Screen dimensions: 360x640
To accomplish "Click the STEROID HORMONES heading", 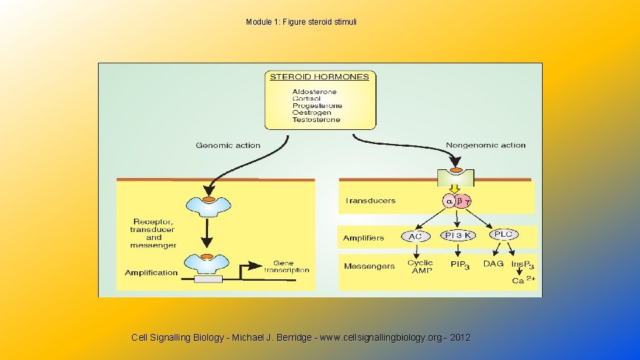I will click(319, 77).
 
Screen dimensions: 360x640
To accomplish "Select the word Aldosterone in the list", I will click(315, 91).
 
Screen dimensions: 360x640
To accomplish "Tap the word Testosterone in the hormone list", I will click(316, 120).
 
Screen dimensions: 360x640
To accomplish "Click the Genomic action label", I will click(228, 145).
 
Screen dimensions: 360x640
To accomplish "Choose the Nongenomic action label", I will click(485, 145).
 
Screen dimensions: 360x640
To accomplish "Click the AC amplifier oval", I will click(415, 237).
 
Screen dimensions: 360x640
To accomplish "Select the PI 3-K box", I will click(458, 235).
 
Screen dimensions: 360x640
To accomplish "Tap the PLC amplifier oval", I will click(503, 235).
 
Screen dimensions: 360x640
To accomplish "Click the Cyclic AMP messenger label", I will click(420, 266).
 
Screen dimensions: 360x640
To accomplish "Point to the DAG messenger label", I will click(493, 264).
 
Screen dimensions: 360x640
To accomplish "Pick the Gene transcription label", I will click(287, 267).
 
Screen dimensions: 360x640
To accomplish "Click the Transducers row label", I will click(370, 201).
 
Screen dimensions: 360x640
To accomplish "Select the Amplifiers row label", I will click(363, 238).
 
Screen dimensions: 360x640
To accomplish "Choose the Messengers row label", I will click(369, 267).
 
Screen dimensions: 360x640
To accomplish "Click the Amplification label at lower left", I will click(151, 273).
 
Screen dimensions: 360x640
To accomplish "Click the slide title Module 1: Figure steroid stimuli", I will click(301, 22).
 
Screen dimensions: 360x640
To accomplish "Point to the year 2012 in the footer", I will click(460, 338).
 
